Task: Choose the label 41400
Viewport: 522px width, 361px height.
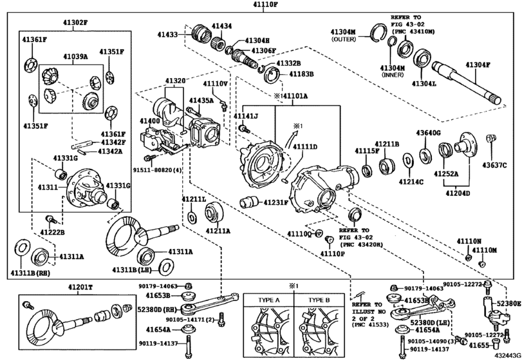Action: (x=151, y=121)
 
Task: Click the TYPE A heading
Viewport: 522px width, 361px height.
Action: (x=270, y=300)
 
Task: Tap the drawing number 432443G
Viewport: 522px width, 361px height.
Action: (x=507, y=355)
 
